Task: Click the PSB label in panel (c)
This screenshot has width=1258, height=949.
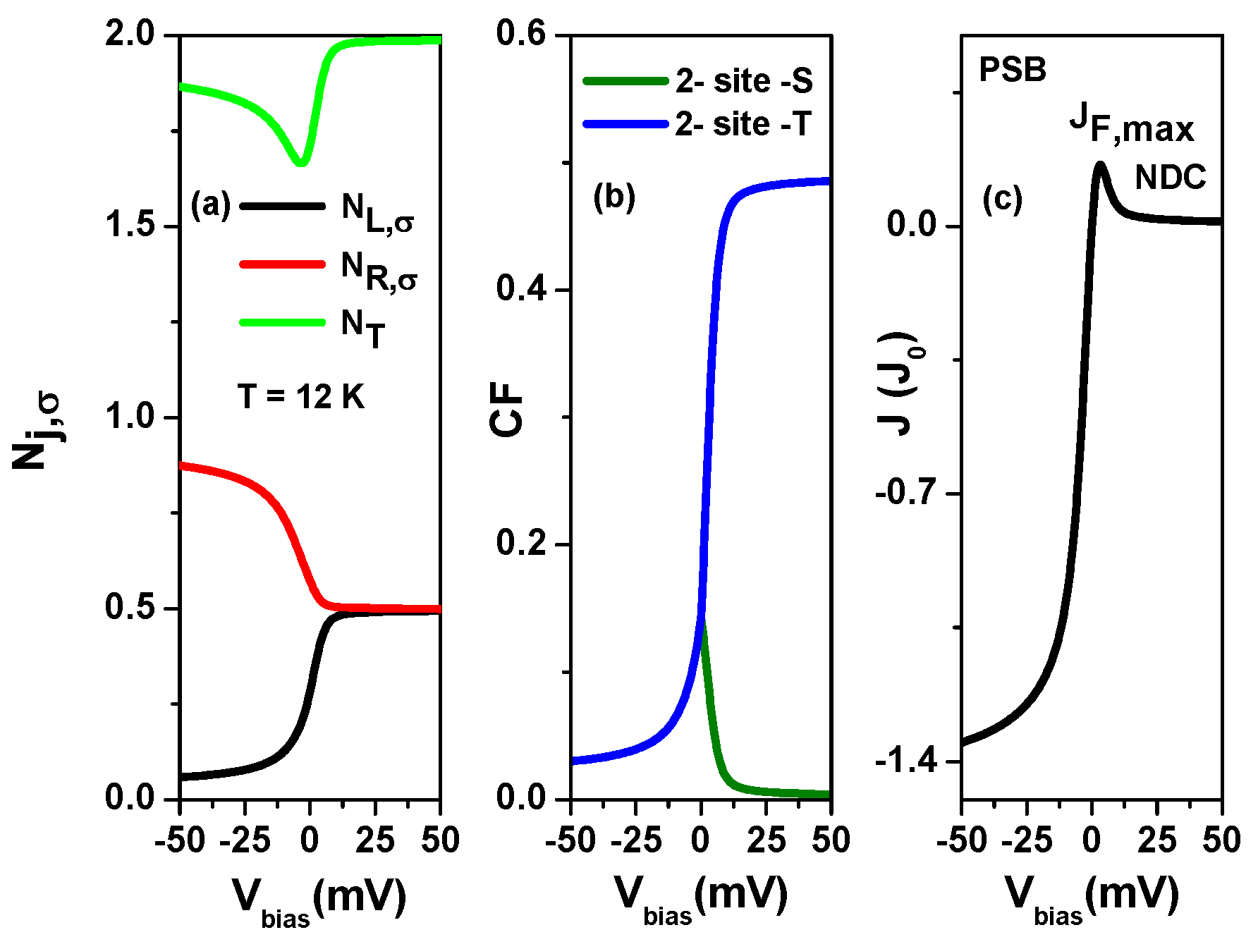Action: [1013, 70]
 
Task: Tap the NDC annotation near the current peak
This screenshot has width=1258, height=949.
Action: [1170, 178]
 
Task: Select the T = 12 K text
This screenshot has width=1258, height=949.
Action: [301, 397]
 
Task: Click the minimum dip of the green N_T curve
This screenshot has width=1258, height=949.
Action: [301, 163]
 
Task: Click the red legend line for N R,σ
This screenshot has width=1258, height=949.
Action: [283, 264]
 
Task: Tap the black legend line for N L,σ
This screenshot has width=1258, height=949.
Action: [283, 207]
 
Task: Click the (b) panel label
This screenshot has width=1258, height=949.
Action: [613, 197]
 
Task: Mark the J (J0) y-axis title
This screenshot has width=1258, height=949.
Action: [899, 384]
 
